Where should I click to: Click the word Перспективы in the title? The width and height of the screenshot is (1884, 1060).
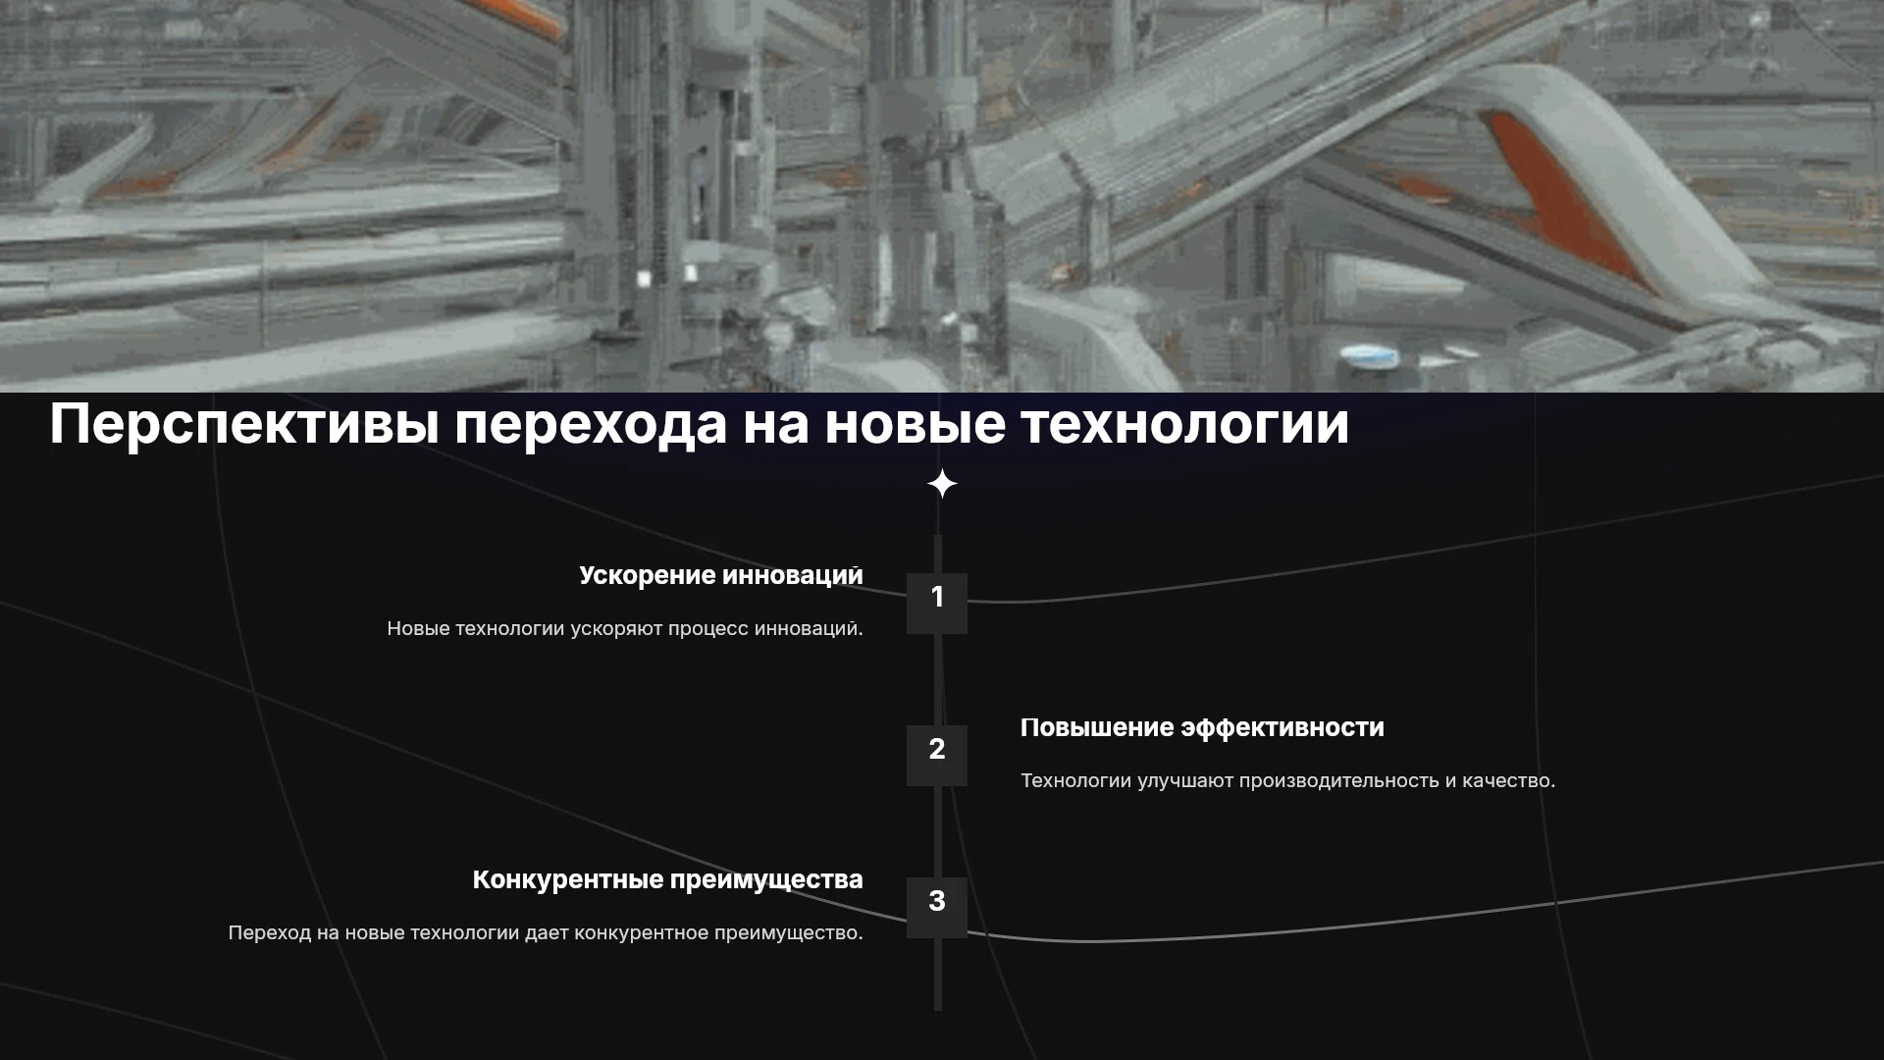[244, 425]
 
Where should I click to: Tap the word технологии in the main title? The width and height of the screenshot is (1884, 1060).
[1184, 423]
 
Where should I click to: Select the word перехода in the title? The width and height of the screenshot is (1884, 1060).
[591, 425]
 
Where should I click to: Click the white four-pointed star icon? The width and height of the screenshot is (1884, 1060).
[942, 484]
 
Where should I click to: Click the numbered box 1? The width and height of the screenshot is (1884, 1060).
[937, 603]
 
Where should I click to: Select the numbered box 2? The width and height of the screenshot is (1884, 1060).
[937, 756]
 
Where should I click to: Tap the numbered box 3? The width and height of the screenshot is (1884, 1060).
[937, 908]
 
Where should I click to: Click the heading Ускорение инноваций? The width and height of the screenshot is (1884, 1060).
[721, 575]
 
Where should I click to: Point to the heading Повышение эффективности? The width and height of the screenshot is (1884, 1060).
[1202, 728]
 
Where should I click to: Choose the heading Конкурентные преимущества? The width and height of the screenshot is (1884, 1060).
[668, 880]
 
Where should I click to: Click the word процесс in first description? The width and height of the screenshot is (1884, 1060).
[707, 629]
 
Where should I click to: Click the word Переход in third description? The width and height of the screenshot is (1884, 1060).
[269, 933]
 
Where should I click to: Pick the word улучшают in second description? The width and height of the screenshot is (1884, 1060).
[1185, 781]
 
